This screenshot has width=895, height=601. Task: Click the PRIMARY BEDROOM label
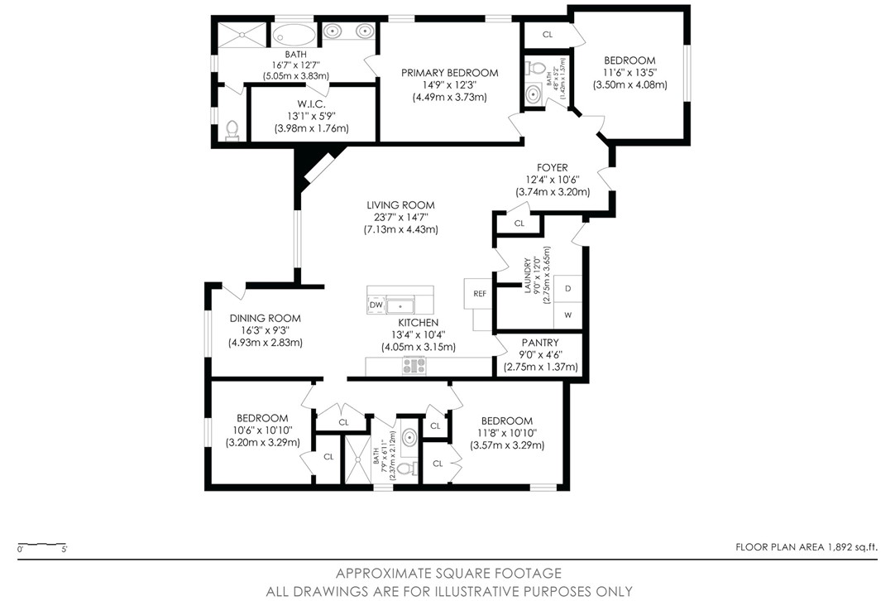449,73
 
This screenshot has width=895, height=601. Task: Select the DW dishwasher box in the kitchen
376,305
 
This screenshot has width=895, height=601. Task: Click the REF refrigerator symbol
479,294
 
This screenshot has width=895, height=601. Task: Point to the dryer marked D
568,289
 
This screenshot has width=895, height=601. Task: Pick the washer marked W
568,315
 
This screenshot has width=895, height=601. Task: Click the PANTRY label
539,343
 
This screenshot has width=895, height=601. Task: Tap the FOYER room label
552,167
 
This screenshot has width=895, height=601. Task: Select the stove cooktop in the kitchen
414,365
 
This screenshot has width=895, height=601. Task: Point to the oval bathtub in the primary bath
294,35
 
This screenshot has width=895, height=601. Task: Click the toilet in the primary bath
232,130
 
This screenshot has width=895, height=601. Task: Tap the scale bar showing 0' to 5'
42,546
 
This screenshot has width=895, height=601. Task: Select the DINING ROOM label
265,318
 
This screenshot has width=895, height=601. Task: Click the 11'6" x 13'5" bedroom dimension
629,72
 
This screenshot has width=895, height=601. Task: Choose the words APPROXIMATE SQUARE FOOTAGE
448,573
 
